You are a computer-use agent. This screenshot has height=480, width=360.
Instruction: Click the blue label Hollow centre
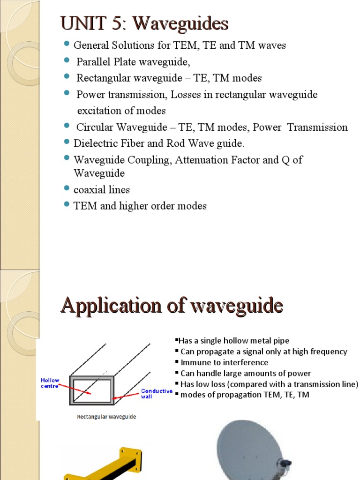[50, 383]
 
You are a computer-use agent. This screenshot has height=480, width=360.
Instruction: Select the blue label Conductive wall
[157, 393]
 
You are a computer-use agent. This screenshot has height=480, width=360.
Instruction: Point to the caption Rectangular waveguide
[106, 417]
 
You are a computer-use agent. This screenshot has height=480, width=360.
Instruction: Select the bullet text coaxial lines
[102, 189]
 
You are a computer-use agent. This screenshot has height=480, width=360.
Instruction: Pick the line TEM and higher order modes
[140, 206]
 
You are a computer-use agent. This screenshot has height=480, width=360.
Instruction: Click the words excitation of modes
[121, 111]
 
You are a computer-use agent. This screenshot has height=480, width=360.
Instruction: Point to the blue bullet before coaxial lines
[66, 189]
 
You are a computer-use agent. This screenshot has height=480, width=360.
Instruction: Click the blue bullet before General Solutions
[66, 45]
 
